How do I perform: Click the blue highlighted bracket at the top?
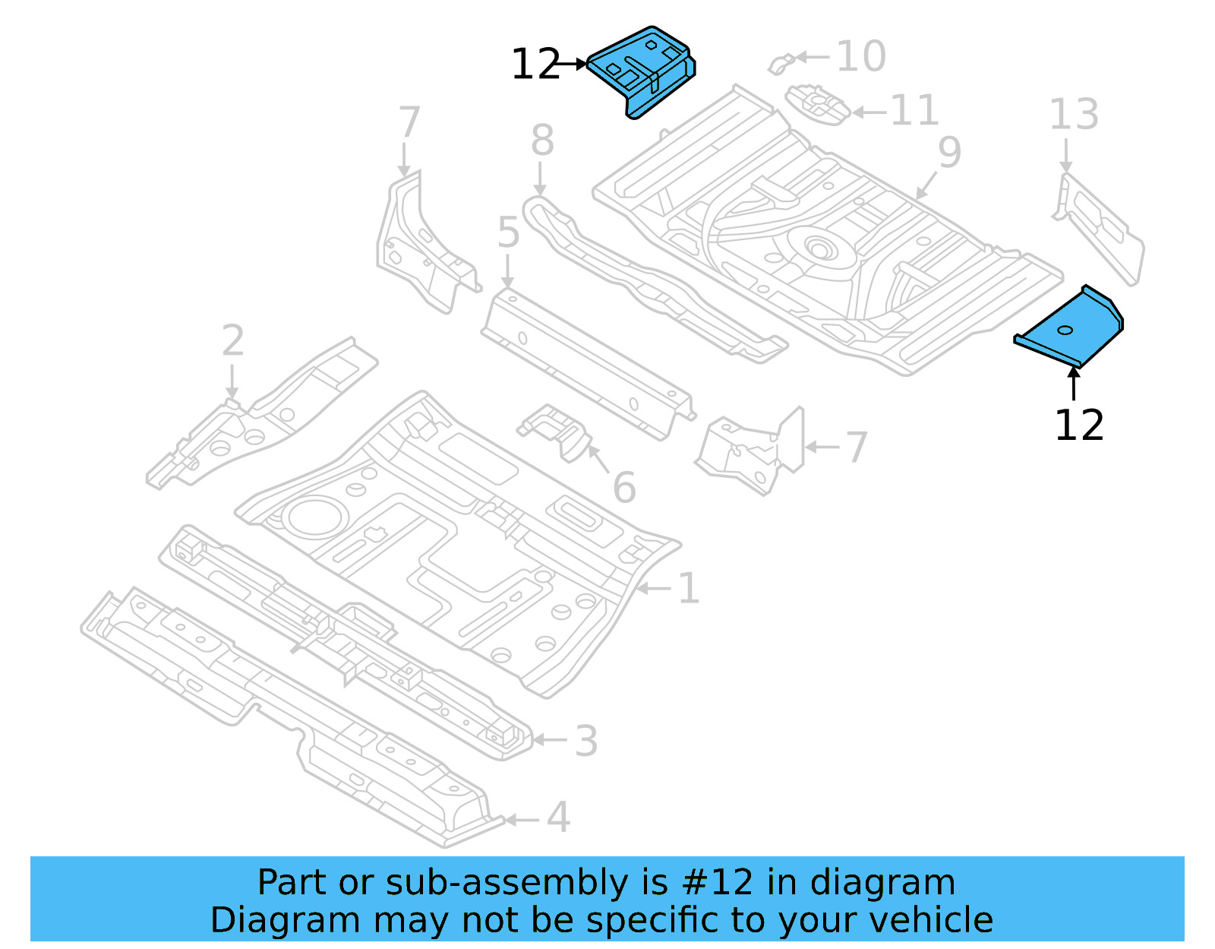[x=642, y=70]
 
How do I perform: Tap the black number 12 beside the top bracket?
[x=535, y=65]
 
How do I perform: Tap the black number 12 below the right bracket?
[x=1079, y=425]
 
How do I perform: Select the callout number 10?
[x=861, y=56]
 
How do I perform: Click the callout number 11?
[x=914, y=111]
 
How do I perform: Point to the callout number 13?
[x=1074, y=115]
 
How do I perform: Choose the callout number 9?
[x=950, y=153]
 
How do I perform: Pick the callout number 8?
[x=542, y=141]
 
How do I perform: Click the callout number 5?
[x=508, y=233]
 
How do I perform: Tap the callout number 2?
[x=233, y=341]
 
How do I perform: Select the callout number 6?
[x=624, y=488]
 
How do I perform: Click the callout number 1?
[x=688, y=589]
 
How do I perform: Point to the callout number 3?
[x=585, y=741]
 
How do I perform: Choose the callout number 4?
[x=558, y=818]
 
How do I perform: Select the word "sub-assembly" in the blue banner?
[x=507, y=883]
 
